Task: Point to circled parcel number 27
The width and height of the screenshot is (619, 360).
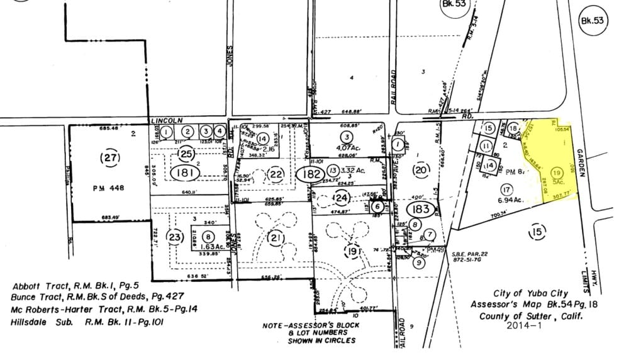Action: pos(111,158)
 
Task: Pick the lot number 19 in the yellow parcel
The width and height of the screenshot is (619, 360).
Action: pos(556,172)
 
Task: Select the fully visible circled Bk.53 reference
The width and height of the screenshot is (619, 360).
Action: pos(591,21)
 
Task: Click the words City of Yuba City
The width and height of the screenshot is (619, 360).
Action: pos(530,293)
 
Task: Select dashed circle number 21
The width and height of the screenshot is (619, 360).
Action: pos(276,237)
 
